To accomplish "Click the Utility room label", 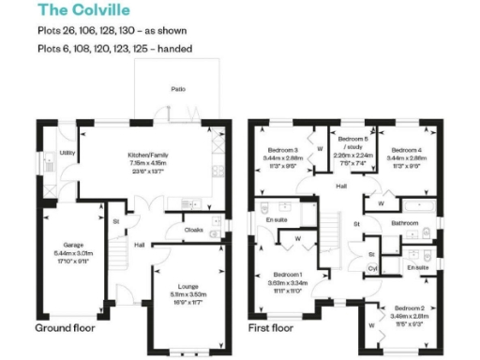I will (x=66, y=151).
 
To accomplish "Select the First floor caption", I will (x=271, y=329).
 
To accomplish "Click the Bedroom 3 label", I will (x=283, y=150).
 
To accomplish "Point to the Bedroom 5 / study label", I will (x=351, y=142).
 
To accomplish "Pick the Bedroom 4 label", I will (x=406, y=150).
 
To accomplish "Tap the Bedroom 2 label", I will (x=409, y=307).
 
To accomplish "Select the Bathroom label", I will (x=404, y=223).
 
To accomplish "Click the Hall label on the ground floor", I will (x=138, y=246).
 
